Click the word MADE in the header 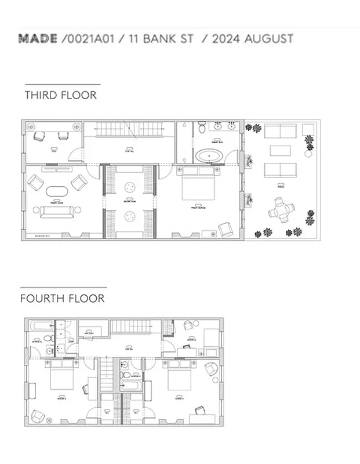pyautogui.click(x=38, y=39)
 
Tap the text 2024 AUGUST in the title pyautogui.click(x=252, y=39)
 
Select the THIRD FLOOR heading pyautogui.click(x=60, y=95)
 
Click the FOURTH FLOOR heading pyautogui.click(x=62, y=299)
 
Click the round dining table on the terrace pyautogui.click(x=281, y=211)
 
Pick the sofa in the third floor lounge pyautogui.click(x=56, y=212)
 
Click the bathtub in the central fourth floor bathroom pyautogui.click(x=131, y=386)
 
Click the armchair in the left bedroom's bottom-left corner pyautogui.click(x=38, y=416)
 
